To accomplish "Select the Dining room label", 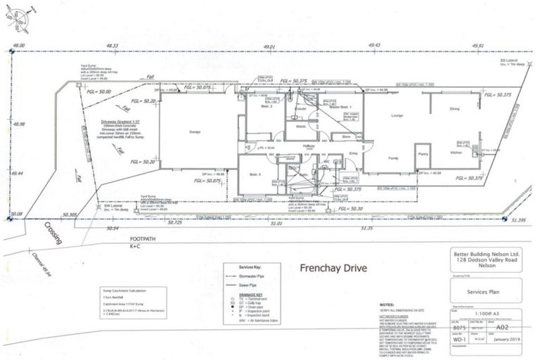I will click(x=455, y=108).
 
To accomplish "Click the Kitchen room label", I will click(x=456, y=153).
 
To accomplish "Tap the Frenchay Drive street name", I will click(x=335, y=268).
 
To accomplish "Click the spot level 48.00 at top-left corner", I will click(x=19, y=45).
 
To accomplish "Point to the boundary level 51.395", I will click(x=519, y=220).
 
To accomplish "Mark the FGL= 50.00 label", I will click(x=98, y=92).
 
